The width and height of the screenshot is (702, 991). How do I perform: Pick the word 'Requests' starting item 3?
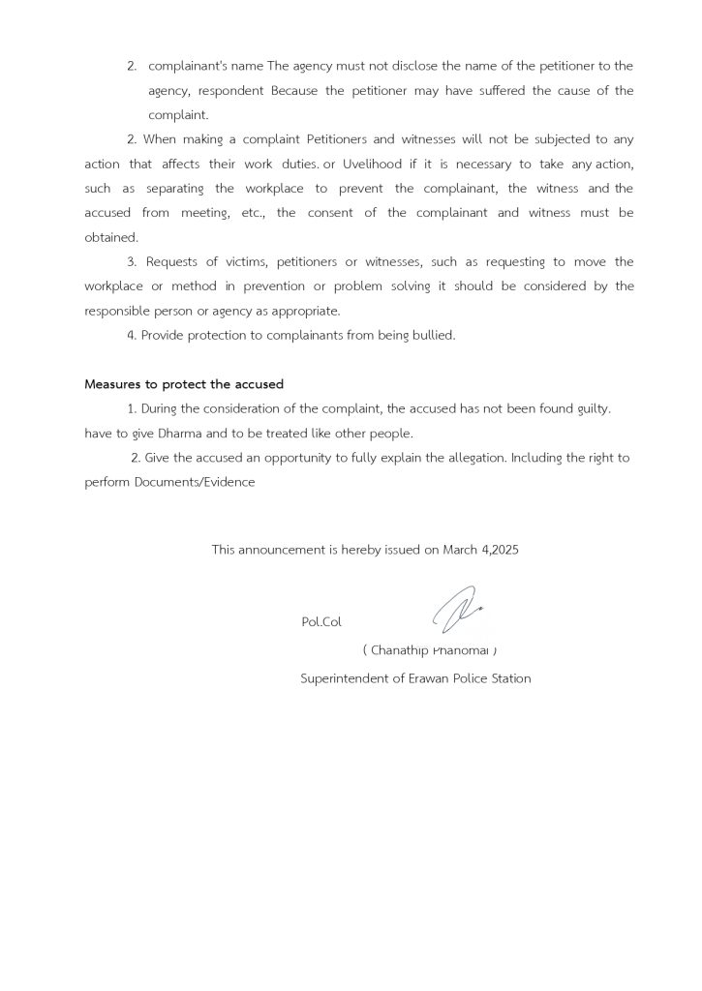pos(173,261)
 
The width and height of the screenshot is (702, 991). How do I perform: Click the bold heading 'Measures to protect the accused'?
pos(183,384)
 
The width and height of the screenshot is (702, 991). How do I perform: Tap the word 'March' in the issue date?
pos(460,549)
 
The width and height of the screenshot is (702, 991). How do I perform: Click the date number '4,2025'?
pos(500,549)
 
